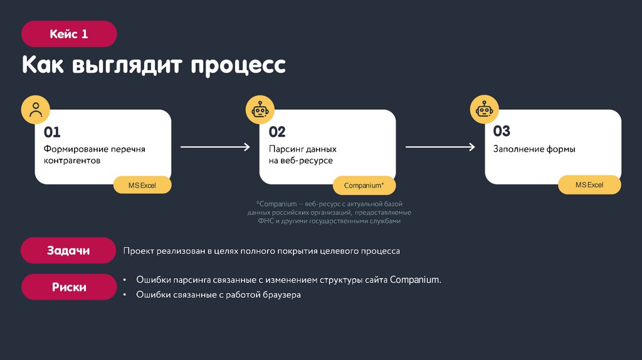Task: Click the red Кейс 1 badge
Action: click(69, 34)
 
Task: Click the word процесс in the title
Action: click(238, 65)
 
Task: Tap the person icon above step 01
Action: click(36, 109)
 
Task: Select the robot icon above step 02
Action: click(260, 110)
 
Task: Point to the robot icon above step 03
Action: click(485, 110)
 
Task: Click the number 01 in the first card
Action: click(52, 132)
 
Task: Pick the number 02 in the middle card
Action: click(277, 132)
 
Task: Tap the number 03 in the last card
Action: click(502, 131)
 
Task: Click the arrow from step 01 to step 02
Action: click(215, 147)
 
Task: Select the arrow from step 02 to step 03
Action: click(440, 147)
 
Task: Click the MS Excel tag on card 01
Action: click(142, 186)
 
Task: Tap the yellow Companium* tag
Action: click(364, 186)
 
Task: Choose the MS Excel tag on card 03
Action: click(589, 185)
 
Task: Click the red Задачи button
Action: click(68, 250)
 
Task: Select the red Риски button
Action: click(68, 287)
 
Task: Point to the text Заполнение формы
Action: click(534, 149)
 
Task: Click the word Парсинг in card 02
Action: click(286, 149)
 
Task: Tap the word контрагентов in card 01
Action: click(72, 161)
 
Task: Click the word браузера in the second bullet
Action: click(280, 294)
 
